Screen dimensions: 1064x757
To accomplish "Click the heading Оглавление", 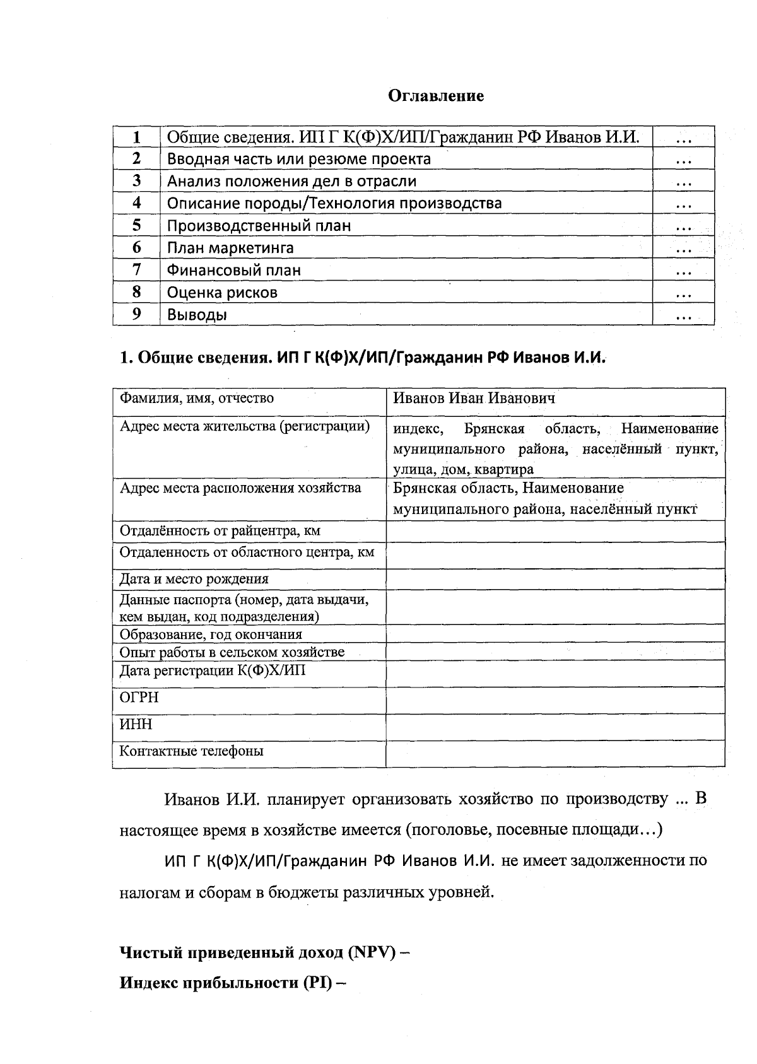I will pyautogui.click(x=435, y=96).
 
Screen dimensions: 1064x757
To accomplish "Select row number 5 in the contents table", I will pyautogui.click(x=136, y=225).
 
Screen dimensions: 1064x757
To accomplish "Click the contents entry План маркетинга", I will pyautogui.click(x=230, y=248).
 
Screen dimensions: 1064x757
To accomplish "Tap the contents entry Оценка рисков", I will pyautogui.click(x=222, y=293).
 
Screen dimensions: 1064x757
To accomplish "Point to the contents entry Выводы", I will pyautogui.click(x=197, y=315).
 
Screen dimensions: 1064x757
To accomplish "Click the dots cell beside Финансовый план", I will pyautogui.click(x=683, y=271).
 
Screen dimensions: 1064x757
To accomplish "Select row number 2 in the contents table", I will pyautogui.click(x=136, y=158).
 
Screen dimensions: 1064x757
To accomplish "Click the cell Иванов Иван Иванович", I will pyautogui.click(x=474, y=398).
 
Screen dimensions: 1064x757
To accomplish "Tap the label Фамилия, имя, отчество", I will pyautogui.click(x=197, y=398).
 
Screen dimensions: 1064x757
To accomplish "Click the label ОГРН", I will pyautogui.click(x=139, y=698).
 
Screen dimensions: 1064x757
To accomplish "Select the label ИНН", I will pyautogui.click(x=136, y=724).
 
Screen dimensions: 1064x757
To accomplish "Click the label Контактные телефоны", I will pyautogui.click(x=192, y=751).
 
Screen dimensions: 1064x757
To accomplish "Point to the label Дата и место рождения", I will pyautogui.click(x=194, y=579).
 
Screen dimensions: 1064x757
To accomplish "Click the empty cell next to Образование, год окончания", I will pyautogui.click(x=555, y=634).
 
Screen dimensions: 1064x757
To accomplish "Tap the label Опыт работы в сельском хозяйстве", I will pyautogui.click(x=232, y=652).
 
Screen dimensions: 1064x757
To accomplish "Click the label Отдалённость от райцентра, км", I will pyautogui.click(x=220, y=530).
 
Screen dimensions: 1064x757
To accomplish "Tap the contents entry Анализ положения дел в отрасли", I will pyautogui.click(x=291, y=182).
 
